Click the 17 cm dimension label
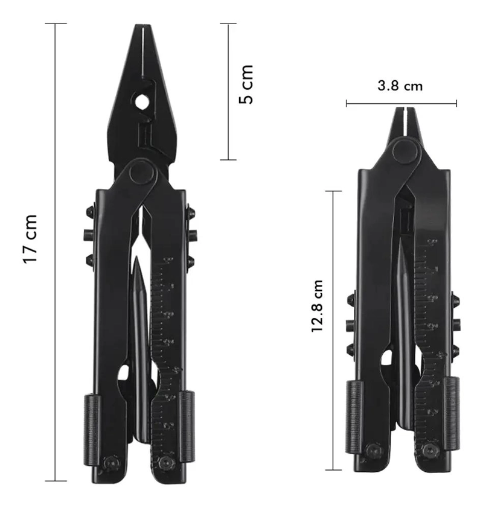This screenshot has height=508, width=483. coord(31,239)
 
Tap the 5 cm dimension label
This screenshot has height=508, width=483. coord(246,84)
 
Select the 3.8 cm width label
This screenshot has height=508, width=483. coord(400,86)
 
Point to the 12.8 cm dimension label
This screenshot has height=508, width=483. coord(317,305)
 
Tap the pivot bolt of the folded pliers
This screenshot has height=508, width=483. coord(405,150)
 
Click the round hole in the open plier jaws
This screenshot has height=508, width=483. coord(141,101)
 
